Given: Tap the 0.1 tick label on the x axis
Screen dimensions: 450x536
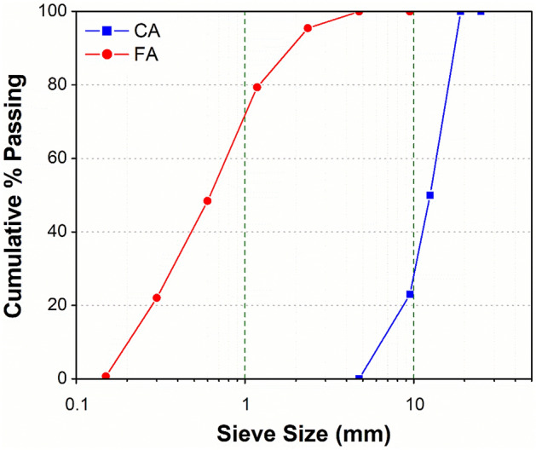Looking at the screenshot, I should coord(78,397).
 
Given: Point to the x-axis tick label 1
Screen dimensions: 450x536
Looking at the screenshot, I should coord(245,397).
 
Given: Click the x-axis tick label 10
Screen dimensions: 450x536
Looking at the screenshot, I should coord(414,397).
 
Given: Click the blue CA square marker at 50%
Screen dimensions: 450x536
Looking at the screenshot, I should coord(430,195).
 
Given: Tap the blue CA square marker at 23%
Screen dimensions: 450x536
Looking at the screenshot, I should coord(410,294).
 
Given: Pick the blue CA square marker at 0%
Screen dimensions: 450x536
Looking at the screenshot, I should coord(359,378).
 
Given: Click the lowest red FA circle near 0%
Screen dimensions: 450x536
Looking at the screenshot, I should coord(107,376).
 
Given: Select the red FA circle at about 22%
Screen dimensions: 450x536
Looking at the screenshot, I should coord(157,297).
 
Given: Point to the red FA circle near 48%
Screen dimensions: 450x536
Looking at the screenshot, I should coord(207,201).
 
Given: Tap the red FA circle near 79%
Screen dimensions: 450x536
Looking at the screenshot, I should coord(257,87).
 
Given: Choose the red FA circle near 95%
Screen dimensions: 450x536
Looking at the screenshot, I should coord(308,28).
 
